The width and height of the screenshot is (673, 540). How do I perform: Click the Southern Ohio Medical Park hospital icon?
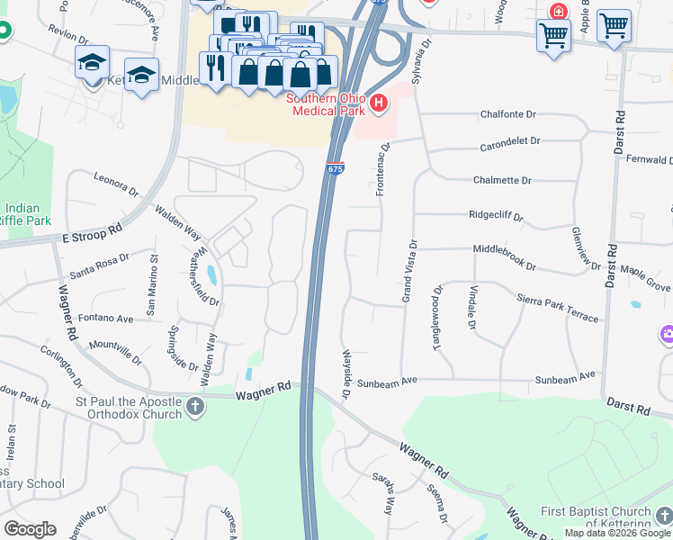point(379,103)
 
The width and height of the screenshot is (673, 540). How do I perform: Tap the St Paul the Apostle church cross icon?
point(194,408)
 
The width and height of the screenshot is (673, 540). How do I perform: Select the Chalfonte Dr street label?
point(507,115)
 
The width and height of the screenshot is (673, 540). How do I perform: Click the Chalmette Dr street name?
point(507,180)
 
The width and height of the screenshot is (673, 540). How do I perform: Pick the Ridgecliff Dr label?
point(496,216)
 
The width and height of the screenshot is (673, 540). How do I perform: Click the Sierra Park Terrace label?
point(557,306)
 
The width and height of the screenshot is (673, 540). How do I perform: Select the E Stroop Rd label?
point(92,235)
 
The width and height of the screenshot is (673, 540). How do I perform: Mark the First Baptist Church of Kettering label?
point(596,517)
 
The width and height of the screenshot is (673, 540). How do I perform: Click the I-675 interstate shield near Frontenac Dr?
point(335,168)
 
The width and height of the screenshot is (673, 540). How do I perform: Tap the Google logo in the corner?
point(30,529)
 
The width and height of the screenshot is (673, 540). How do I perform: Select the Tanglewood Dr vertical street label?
point(438,319)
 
